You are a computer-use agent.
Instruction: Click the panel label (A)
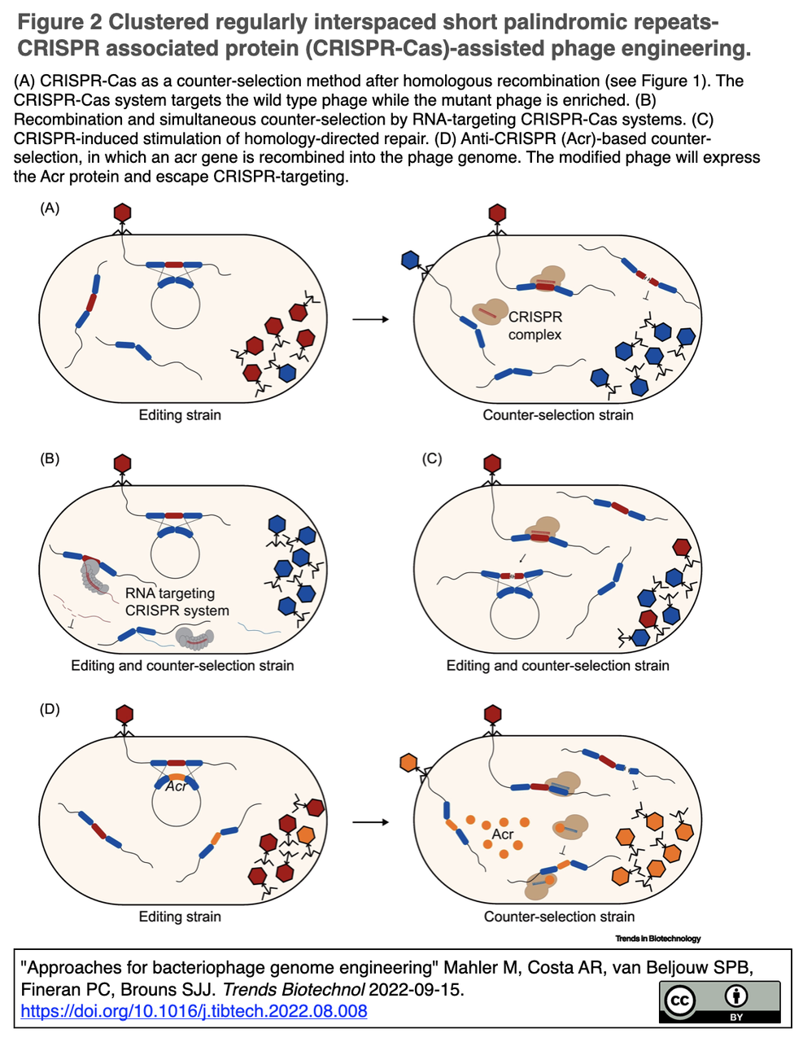coord(50,208)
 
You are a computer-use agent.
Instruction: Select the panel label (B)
coord(50,459)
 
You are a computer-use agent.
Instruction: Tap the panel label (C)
coord(432,459)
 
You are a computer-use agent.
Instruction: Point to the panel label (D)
coord(50,710)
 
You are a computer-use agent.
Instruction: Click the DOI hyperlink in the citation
coord(194,1011)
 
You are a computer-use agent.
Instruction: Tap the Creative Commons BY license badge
coord(719,1002)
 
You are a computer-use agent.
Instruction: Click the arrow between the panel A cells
coord(370,319)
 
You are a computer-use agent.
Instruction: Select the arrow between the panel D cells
coord(370,822)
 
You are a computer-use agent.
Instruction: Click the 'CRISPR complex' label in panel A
coord(535,326)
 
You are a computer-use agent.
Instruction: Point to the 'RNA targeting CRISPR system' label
coord(177,602)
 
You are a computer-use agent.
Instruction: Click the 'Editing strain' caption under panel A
coord(180,415)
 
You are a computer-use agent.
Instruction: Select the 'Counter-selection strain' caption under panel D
coord(559,917)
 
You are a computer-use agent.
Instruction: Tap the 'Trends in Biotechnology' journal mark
coord(657,939)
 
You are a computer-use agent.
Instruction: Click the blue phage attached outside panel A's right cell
coord(410,260)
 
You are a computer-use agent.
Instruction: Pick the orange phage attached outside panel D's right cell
coord(408,763)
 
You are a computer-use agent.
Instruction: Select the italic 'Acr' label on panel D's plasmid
coord(176,786)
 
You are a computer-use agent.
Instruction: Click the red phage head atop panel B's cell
coord(122,464)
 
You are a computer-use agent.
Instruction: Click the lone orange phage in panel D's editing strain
coord(307,835)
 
